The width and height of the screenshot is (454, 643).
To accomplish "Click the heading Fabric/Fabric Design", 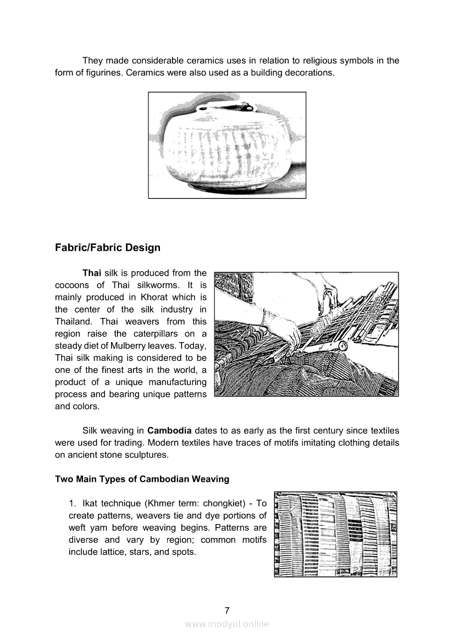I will [x=108, y=248].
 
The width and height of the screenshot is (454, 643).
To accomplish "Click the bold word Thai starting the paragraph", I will [x=92, y=273].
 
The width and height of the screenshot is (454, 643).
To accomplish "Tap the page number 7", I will [x=226, y=610].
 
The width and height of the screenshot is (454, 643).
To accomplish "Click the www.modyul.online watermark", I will [x=227, y=624].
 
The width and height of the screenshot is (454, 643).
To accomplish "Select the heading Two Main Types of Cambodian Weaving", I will [x=142, y=479].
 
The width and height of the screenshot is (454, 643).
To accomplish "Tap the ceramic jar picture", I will [x=227, y=145].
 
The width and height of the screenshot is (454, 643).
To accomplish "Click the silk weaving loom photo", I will [x=306, y=334].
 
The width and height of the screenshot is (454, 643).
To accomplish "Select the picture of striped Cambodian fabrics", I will [x=335, y=534].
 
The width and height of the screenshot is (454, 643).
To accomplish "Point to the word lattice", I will [x=113, y=552].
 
